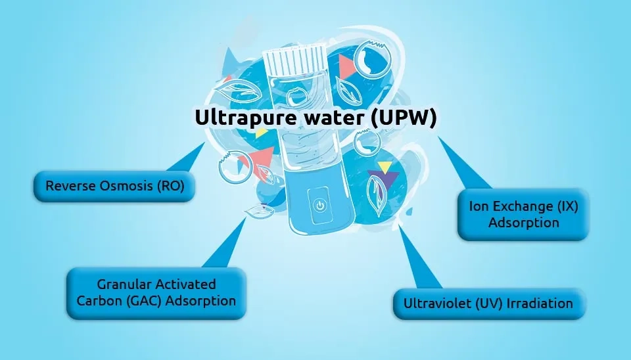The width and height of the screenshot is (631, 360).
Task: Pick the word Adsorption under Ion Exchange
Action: click(x=523, y=223)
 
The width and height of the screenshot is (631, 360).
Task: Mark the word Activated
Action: click(x=185, y=284)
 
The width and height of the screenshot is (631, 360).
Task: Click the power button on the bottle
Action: click(x=319, y=205)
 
